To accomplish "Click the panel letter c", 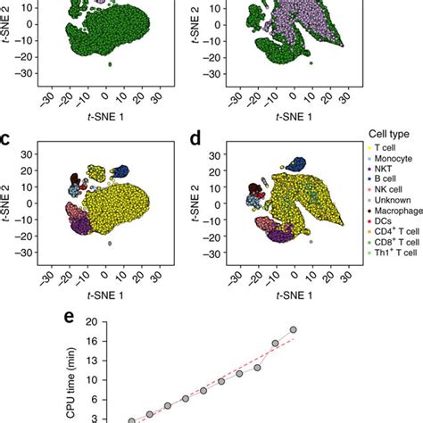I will tap(6, 138).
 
